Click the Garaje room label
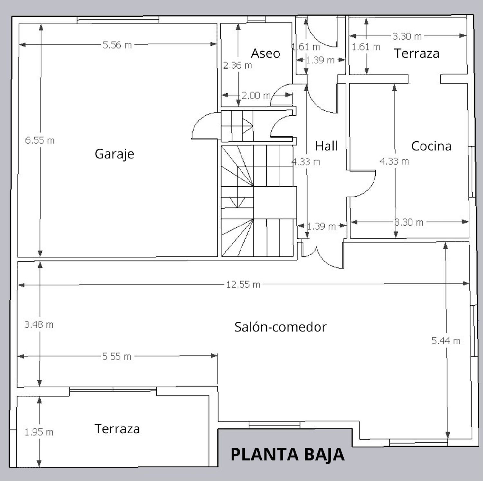pyautogui.click(x=114, y=154)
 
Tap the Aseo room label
pyautogui.click(x=265, y=53)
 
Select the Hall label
pyautogui.click(x=326, y=146)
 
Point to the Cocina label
pyautogui.click(x=431, y=146)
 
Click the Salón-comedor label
pyautogui.click(x=280, y=327)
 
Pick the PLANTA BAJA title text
pyautogui.click(x=287, y=455)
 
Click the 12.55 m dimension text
pyautogui.click(x=243, y=284)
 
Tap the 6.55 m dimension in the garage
pyautogui.click(x=40, y=140)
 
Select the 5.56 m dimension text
pyautogui.click(x=117, y=45)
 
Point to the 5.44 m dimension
pyautogui.click(x=446, y=341)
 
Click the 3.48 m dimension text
pyautogui.click(x=39, y=324)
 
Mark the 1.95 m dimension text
pyautogui.click(x=39, y=432)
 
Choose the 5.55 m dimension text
pyautogui.click(x=117, y=356)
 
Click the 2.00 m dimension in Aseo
pyautogui.click(x=256, y=95)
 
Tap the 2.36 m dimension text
pyautogui.click(x=238, y=65)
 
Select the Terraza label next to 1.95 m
pyautogui.click(x=117, y=429)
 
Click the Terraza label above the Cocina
pyautogui.click(x=417, y=53)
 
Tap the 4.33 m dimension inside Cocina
pyautogui.click(x=394, y=161)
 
